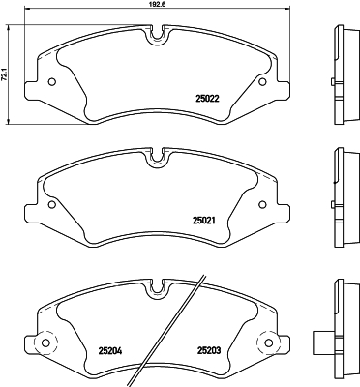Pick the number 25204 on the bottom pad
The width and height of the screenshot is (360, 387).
coord(110,351)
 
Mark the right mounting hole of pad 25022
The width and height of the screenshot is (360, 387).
coord(262,80)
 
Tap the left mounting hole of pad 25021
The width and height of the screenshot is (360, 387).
coord(50,205)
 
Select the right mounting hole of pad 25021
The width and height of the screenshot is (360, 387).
coord(262,205)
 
